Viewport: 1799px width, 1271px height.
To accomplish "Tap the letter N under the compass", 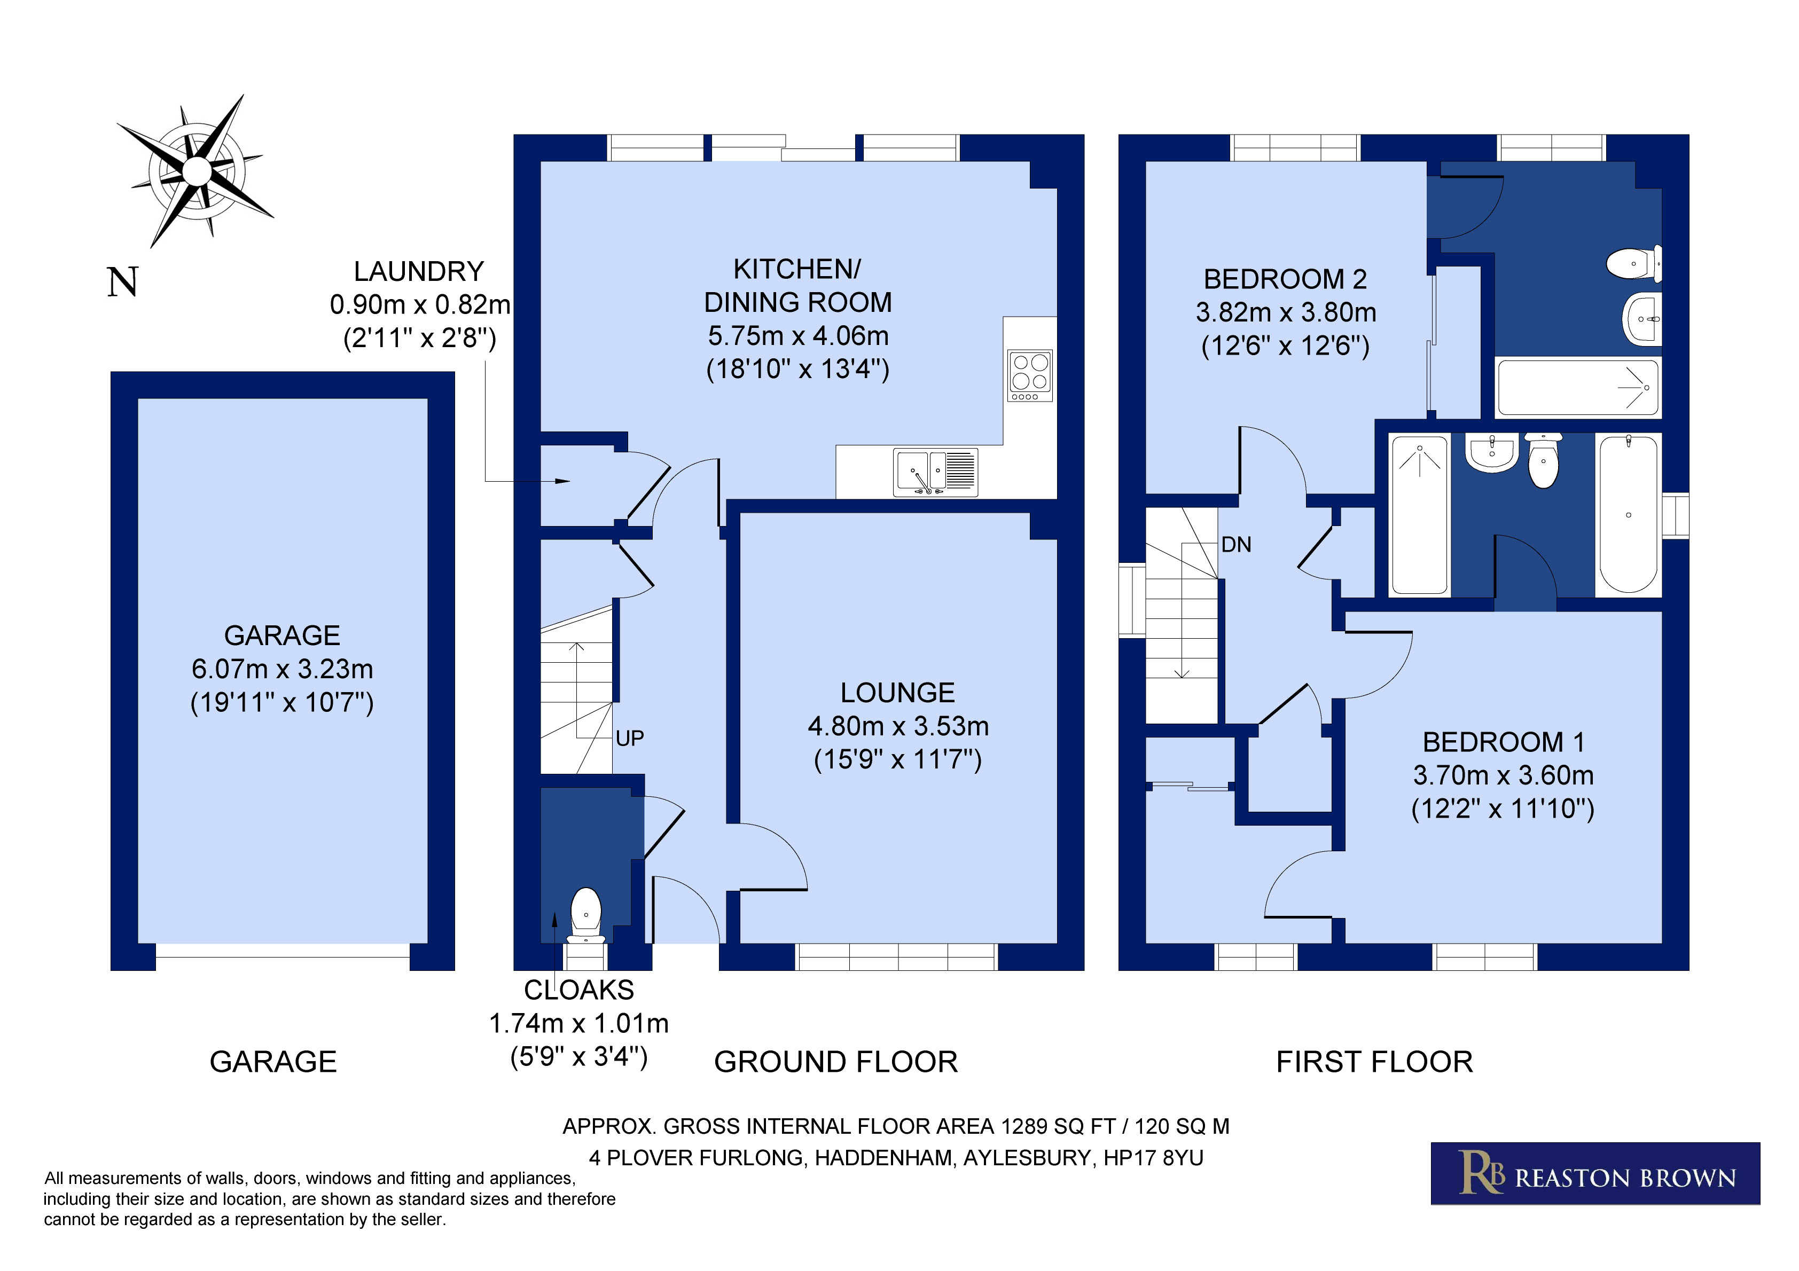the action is pyautogui.click(x=123, y=282).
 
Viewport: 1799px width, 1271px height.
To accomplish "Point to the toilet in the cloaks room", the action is pyautogui.click(x=585, y=915).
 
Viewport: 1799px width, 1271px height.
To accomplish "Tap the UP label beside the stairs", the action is pyautogui.click(x=629, y=738).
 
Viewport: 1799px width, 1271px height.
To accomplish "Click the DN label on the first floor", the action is pyautogui.click(x=1235, y=545).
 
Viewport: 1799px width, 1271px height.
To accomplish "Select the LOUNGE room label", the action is pyautogui.click(x=897, y=693).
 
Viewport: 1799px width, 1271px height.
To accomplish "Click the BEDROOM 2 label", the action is pyautogui.click(x=1285, y=279).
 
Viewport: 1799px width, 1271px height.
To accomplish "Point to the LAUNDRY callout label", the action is pyautogui.click(x=419, y=271).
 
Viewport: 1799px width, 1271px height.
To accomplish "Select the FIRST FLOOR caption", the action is pyautogui.click(x=1374, y=1062).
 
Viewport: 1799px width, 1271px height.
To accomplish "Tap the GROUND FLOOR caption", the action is pyautogui.click(x=836, y=1062).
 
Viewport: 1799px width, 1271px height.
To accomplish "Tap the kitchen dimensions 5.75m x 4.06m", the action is pyautogui.click(x=799, y=335).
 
